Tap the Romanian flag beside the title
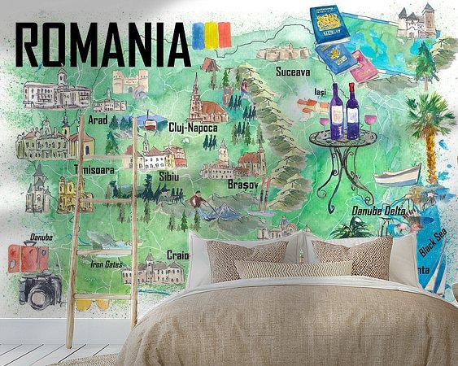pos(211,36)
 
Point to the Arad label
pos(98,120)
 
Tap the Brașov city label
pos(245,184)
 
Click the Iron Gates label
pos(107,264)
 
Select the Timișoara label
pos(92,170)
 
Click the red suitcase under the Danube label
pos(27,258)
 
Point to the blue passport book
pos(329,24)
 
